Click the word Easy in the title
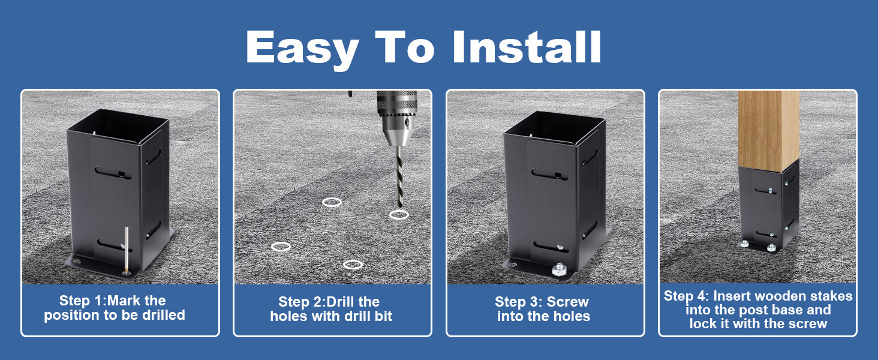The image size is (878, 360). click(302, 49)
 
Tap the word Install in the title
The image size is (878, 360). click(527, 46)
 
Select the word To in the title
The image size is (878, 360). click(404, 46)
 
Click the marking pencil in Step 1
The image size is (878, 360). click(126, 250)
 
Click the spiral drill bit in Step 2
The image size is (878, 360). click(399, 177)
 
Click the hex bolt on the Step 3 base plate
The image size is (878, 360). click(558, 270)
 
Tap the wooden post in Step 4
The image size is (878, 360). click(768, 131)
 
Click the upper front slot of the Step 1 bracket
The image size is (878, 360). click(113, 173)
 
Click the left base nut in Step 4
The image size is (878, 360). click(744, 244)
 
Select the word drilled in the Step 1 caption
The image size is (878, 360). click(164, 315)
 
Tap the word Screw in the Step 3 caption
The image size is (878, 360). click(567, 302)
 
